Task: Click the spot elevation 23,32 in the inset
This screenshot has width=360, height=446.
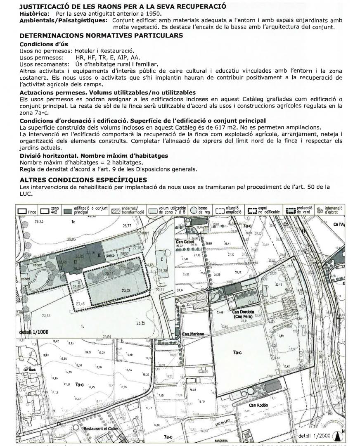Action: pyautogui.click(x=126, y=291)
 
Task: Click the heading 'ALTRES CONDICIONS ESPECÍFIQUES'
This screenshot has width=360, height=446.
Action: pyautogui.click(x=83, y=180)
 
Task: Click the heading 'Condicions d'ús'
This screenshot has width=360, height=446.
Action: pyautogui.click(x=44, y=44)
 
